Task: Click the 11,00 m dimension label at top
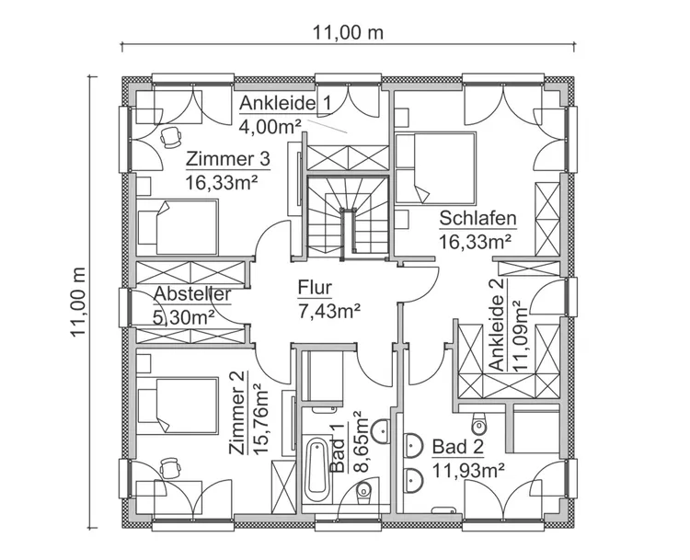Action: (x=347, y=32)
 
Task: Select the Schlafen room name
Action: (x=477, y=219)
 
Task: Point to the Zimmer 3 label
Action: (x=227, y=159)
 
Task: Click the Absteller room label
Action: (x=191, y=294)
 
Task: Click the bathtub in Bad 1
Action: (x=317, y=470)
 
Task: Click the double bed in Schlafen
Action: (x=436, y=168)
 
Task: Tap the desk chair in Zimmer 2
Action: (x=168, y=469)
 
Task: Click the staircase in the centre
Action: (x=348, y=215)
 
